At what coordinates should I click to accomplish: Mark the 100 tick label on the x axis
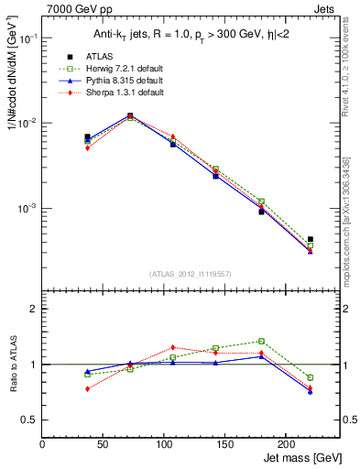click(124, 443)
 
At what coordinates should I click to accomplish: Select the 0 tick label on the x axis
click(43, 443)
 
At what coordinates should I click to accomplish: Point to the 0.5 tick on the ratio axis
click(29, 420)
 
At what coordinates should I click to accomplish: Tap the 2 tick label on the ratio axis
click(34, 309)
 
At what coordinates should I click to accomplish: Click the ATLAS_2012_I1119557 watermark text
click(191, 274)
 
